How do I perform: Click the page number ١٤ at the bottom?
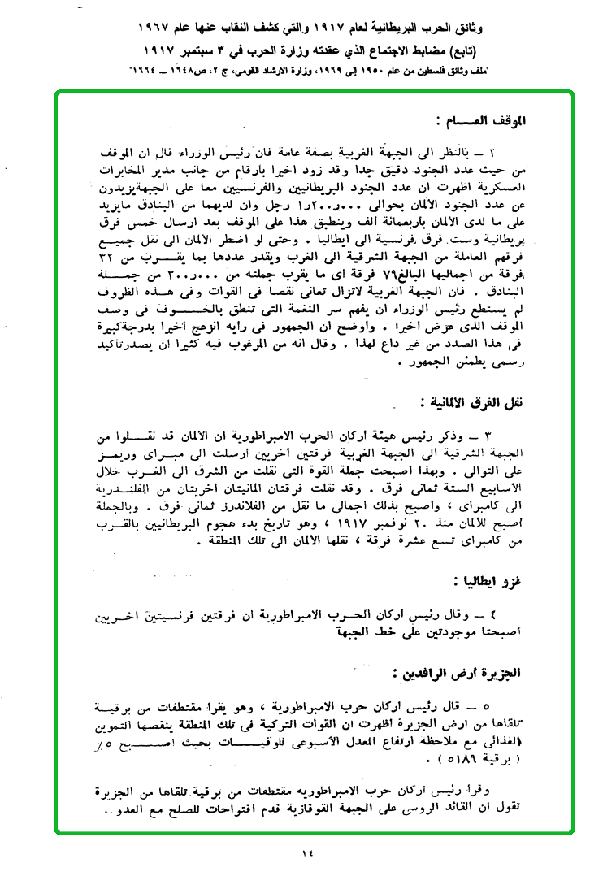tap(306, 852)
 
